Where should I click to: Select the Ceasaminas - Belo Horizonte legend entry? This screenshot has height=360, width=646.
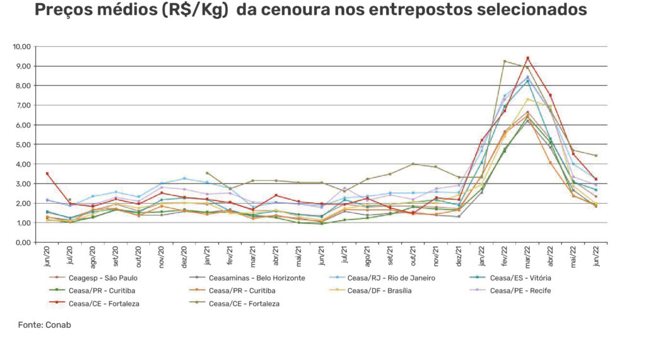pyautogui.click(x=250, y=277)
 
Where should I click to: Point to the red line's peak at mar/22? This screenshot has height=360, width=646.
pyautogui.click(x=527, y=59)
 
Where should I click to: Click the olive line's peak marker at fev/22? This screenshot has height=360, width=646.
pyautogui.click(x=505, y=61)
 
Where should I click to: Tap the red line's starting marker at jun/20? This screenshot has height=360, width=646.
pyautogui.click(x=47, y=173)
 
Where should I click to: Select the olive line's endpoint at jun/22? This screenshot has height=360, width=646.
pyautogui.click(x=596, y=156)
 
